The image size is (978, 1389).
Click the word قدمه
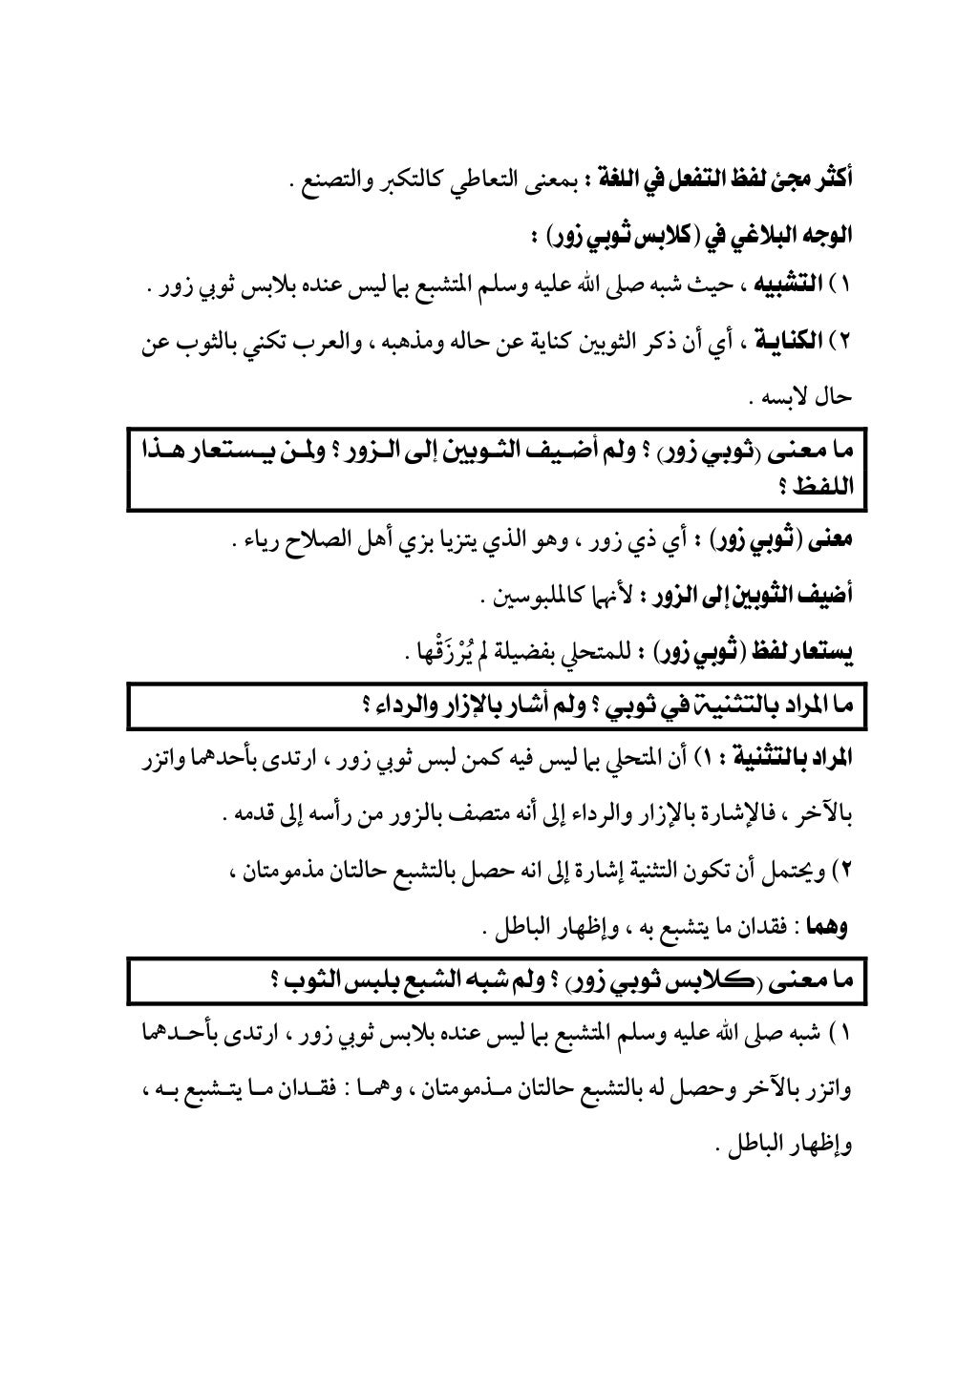click(x=245, y=816)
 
